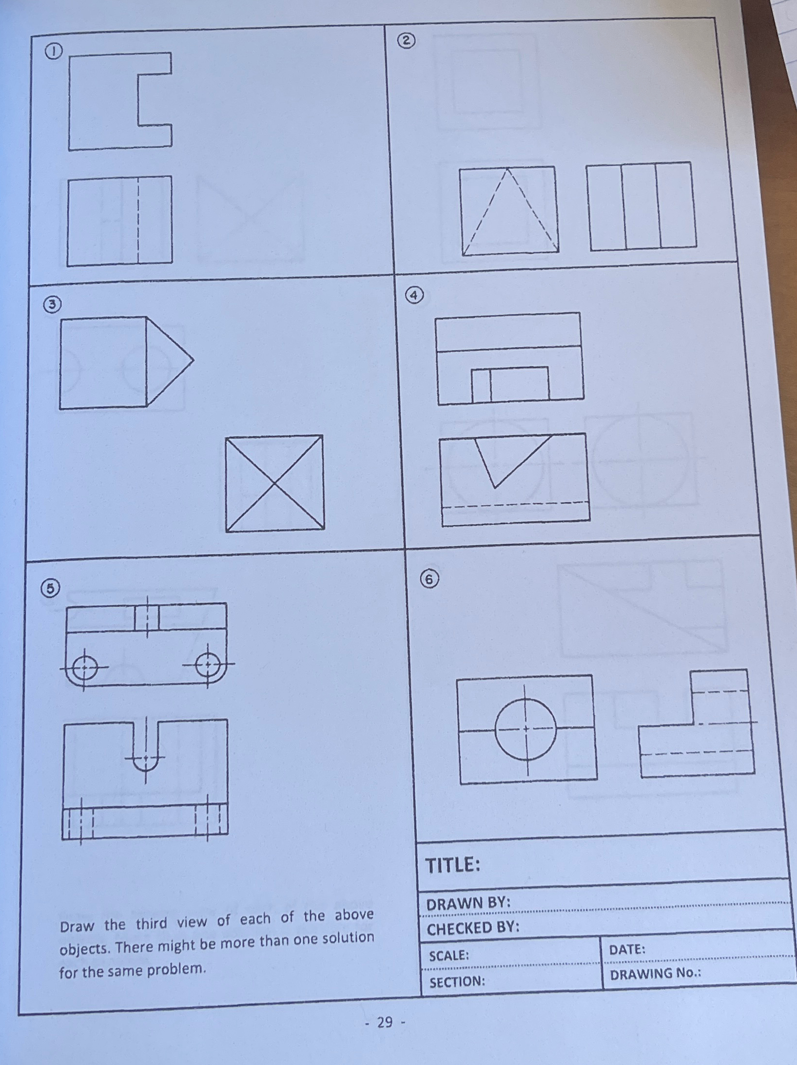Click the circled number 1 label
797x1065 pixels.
tap(54, 51)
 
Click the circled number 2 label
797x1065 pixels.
tap(406, 41)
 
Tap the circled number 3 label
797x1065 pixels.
tap(52, 305)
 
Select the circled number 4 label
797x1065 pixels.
tap(414, 295)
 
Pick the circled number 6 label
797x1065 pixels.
tap(429, 579)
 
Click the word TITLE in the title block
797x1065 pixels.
tap(452, 865)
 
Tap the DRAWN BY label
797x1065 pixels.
tap(468, 903)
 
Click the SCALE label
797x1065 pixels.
tap(448, 955)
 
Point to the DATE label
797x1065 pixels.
tap(627, 949)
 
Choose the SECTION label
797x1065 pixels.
tap(457, 981)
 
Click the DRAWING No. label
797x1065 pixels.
tap(655, 974)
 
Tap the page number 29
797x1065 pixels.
tap(385, 1022)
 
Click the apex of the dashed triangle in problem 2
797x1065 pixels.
tap(507, 169)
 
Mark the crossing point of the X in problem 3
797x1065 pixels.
tap(274, 483)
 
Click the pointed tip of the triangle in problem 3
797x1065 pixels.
tap(193, 361)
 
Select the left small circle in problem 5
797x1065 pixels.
tap(84, 667)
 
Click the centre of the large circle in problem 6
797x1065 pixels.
tap(525, 729)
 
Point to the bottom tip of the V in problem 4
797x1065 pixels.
tap(494, 487)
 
